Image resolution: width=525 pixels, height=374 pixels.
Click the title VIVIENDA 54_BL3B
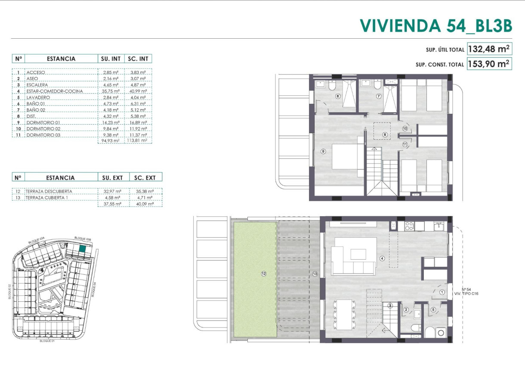click(435, 25)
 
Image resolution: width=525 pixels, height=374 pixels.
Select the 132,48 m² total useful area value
click(489, 49)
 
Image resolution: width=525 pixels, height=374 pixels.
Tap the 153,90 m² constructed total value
click(489, 64)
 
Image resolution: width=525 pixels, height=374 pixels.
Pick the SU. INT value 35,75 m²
click(111, 91)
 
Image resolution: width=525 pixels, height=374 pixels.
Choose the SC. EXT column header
click(145, 177)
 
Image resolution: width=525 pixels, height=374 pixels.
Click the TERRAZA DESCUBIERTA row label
click(49, 191)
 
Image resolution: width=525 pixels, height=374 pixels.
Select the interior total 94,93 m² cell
click(111, 141)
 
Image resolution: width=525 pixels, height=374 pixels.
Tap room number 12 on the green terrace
click(263, 273)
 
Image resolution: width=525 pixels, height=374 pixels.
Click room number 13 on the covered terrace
click(315, 274)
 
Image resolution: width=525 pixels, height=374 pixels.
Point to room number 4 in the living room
click(382, 258)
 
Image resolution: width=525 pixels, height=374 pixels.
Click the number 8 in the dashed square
click(385, 135)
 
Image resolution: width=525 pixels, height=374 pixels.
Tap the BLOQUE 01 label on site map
click(47, 340)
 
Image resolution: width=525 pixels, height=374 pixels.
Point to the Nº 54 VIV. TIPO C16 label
click(466, 292)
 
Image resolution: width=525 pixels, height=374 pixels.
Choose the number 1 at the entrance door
click(442, 292)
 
